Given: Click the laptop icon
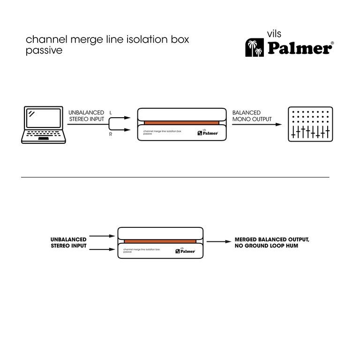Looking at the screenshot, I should (x=43, y=125).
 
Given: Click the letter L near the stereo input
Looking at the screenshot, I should (x=111, y=113).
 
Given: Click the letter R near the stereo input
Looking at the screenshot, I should (x=111, y=135).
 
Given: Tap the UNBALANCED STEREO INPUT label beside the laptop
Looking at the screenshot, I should (x=86, y=116).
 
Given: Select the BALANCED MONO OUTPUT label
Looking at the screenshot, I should (x=252, y=116).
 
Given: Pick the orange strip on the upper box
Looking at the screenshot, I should (x=181, y=123).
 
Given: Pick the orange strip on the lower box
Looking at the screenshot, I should (x=160, y=241).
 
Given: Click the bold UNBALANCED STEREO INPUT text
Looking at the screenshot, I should (x=68, y=242).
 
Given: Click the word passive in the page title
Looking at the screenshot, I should (x=44, y=51).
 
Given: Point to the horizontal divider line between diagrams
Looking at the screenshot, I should (x=175, y=177).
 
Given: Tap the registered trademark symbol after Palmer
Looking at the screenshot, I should (x=332, y=43).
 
